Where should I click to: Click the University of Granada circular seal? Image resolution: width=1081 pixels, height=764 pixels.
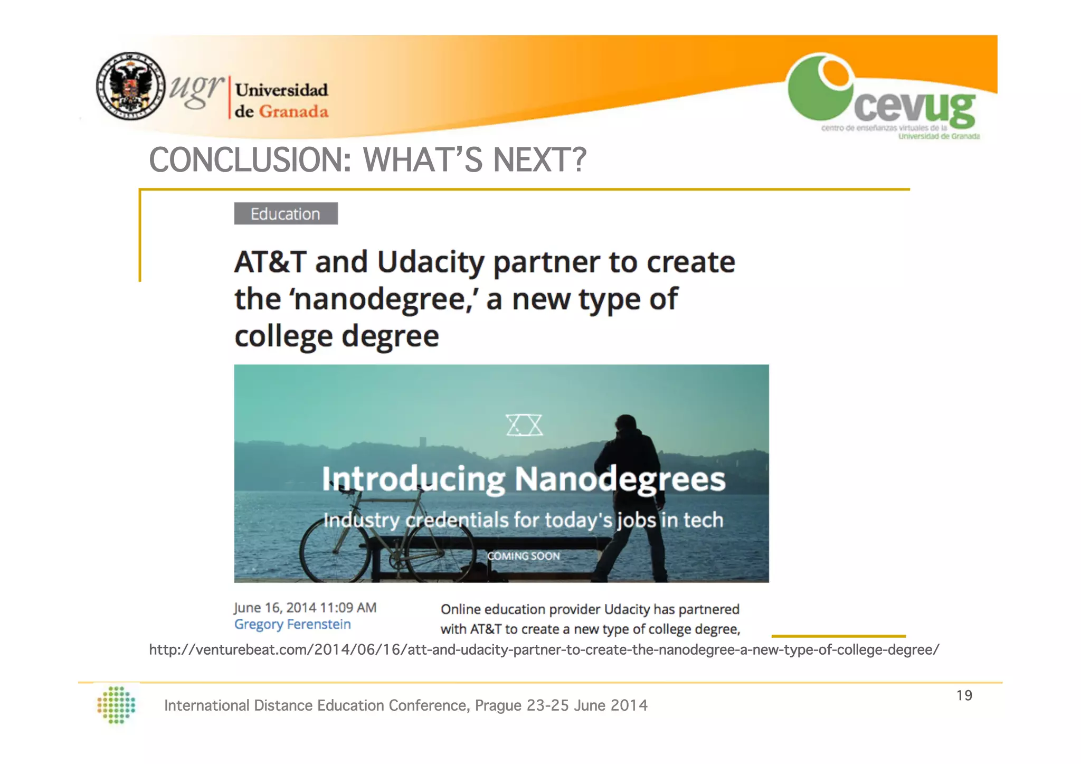[x=131, y=86]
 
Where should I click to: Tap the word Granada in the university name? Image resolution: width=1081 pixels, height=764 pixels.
[x=293, y=112]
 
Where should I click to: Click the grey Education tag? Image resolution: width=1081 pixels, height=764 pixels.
[x=286, y=214]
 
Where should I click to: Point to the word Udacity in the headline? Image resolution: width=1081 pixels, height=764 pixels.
[x=430, y=262]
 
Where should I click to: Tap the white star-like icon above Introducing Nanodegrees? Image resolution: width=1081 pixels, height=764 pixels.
[x=524, y=425]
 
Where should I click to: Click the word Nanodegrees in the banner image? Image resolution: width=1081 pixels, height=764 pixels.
[x=620, y=479]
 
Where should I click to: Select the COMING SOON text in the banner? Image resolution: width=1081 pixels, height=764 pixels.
[x=523, y=556]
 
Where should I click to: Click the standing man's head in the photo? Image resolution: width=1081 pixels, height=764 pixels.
[x=627, y=425]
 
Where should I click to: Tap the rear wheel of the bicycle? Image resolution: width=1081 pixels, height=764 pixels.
[x=335, y=551]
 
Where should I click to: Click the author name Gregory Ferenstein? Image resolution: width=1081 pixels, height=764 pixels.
[x=292, y=625]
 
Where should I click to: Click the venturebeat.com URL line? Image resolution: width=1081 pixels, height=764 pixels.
[x=544, y=649]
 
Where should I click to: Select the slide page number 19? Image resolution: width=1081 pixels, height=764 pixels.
[x=964, y=695]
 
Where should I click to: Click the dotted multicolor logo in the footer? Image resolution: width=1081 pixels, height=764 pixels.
[x=117, y=705]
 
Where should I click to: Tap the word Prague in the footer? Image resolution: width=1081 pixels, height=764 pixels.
[x=498, y=705]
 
